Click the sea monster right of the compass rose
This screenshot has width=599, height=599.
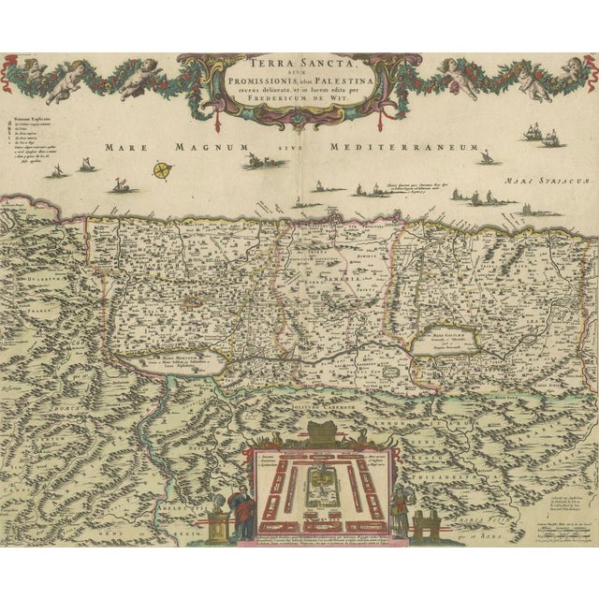tap(252, 162)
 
